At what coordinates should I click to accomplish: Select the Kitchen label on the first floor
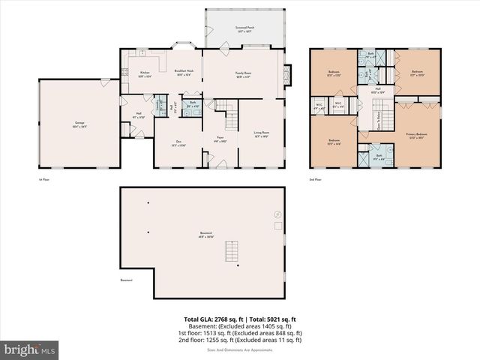145,73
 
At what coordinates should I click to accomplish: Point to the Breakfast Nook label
184,72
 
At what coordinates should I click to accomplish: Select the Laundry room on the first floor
158,106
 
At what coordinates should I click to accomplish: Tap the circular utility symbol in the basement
277,214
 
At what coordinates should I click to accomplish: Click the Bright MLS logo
30,349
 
